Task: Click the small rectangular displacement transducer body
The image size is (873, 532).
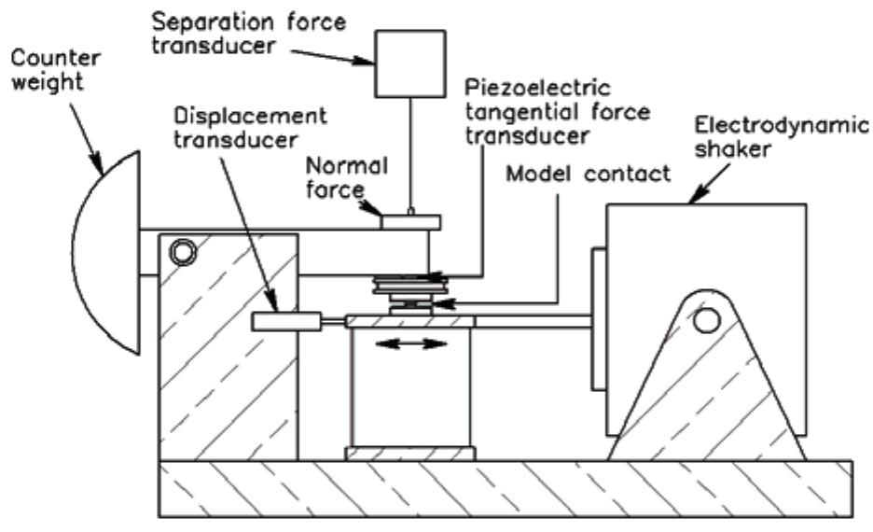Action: (284, 322)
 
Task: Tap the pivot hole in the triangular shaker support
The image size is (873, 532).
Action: (706, 320)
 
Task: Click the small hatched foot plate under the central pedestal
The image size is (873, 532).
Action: (410, 454)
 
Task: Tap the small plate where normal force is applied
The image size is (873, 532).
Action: (409, 221)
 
